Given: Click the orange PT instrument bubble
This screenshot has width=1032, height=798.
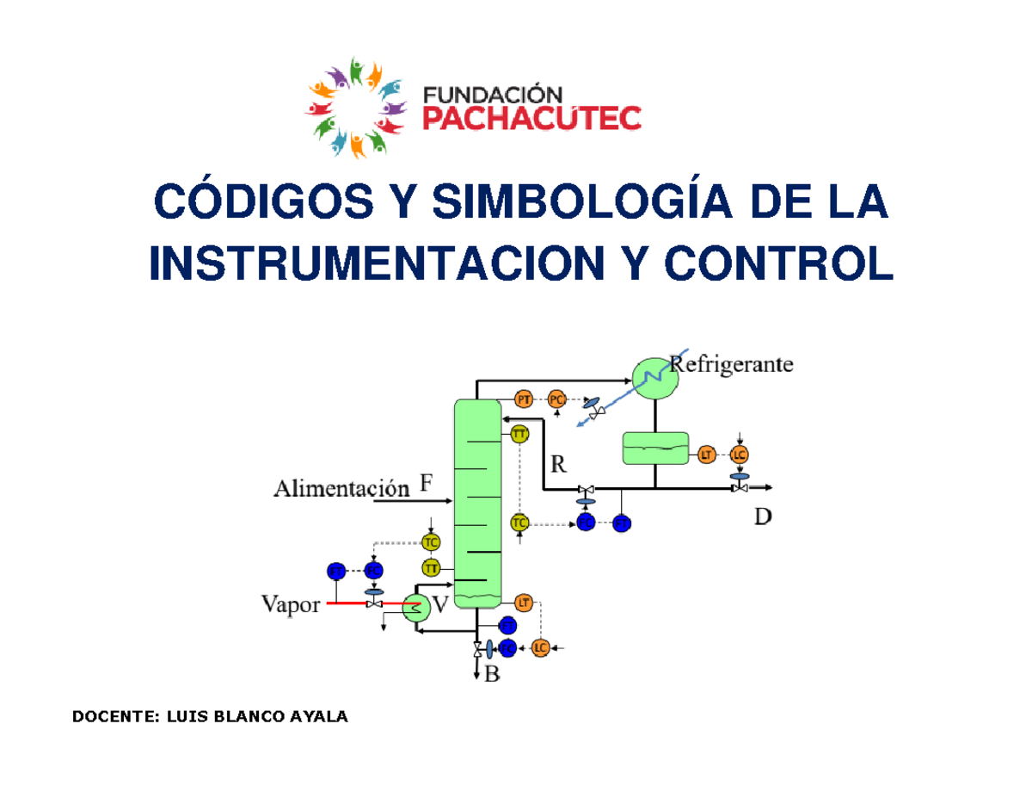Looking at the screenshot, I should (524, 399).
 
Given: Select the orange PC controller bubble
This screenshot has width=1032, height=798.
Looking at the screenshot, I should (557, 399).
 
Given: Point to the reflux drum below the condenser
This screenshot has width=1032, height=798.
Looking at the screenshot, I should (655, 447).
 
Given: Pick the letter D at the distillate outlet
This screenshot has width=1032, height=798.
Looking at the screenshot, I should (765, 517).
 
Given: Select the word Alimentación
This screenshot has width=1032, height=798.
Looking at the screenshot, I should (340, 489).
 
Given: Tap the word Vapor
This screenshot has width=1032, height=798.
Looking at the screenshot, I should (290, 604).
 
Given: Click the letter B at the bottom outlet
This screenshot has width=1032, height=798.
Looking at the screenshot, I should (492, 675).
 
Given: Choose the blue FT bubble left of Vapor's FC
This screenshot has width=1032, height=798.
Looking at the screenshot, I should (336, 570).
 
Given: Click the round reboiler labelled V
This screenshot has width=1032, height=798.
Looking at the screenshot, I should (415, 608).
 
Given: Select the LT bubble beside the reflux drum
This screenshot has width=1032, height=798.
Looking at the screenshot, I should (706, 454).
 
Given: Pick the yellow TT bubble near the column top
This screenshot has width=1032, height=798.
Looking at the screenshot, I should (519, 435).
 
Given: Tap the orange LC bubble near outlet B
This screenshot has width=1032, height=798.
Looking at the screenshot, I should (540, 647).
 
